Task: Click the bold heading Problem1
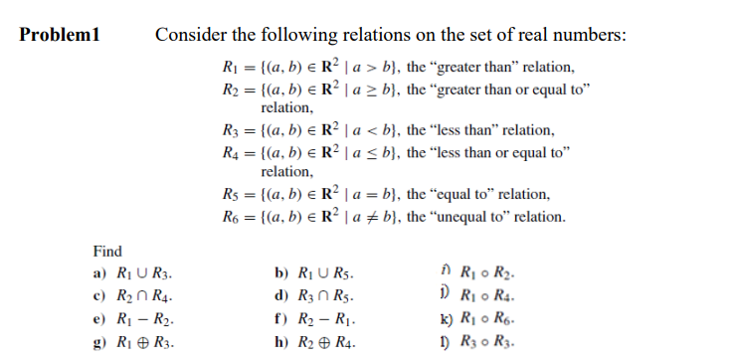(61, 36)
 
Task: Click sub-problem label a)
(98, 272)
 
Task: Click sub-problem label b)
(280, 272)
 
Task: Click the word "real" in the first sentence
(541, 36)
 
